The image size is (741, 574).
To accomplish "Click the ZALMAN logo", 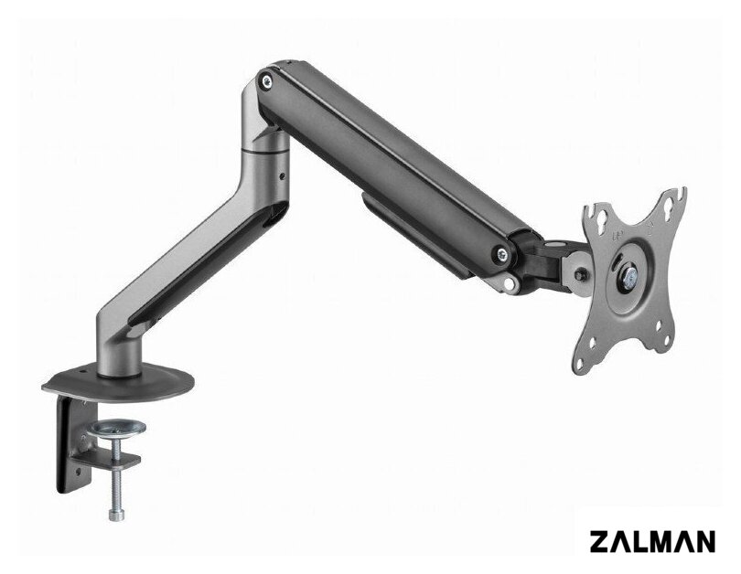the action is pos(652,541).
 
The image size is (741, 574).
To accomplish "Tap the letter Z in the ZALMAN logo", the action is pos(600,541).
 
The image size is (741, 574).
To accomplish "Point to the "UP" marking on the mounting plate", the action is pos(617,235).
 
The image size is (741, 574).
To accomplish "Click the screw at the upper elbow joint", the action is pos(267,81).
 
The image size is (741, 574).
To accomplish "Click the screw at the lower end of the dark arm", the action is pos(501,253).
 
